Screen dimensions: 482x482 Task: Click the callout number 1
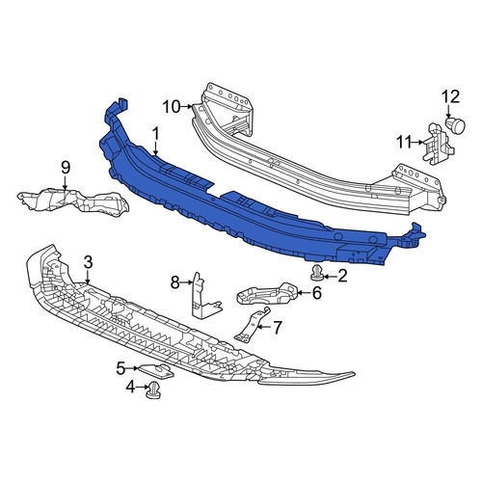tap(156, 134)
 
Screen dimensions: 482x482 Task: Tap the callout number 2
tap(342, 276)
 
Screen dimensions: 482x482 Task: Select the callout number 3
tap(88, 262)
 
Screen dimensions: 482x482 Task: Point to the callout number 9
tap(66, 168)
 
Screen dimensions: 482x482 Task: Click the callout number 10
tap(172, 107)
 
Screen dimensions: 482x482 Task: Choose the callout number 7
tap(277, 327)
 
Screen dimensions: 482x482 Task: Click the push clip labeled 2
tap(316, 274)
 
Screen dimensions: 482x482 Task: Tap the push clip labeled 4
tap(153, 390)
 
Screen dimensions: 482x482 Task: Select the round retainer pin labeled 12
tap(455, 125)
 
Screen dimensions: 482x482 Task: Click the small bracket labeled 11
tap(438, 143)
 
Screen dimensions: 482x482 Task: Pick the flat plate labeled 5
tap(157, 372)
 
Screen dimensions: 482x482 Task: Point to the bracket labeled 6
tap(266, 293)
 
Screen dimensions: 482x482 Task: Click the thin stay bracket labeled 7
tap(252, 324)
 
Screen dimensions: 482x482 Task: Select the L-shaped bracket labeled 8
tap(204, 296)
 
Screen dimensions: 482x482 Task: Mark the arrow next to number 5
tap(132, 368)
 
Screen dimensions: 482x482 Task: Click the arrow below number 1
tap(156, 149)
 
